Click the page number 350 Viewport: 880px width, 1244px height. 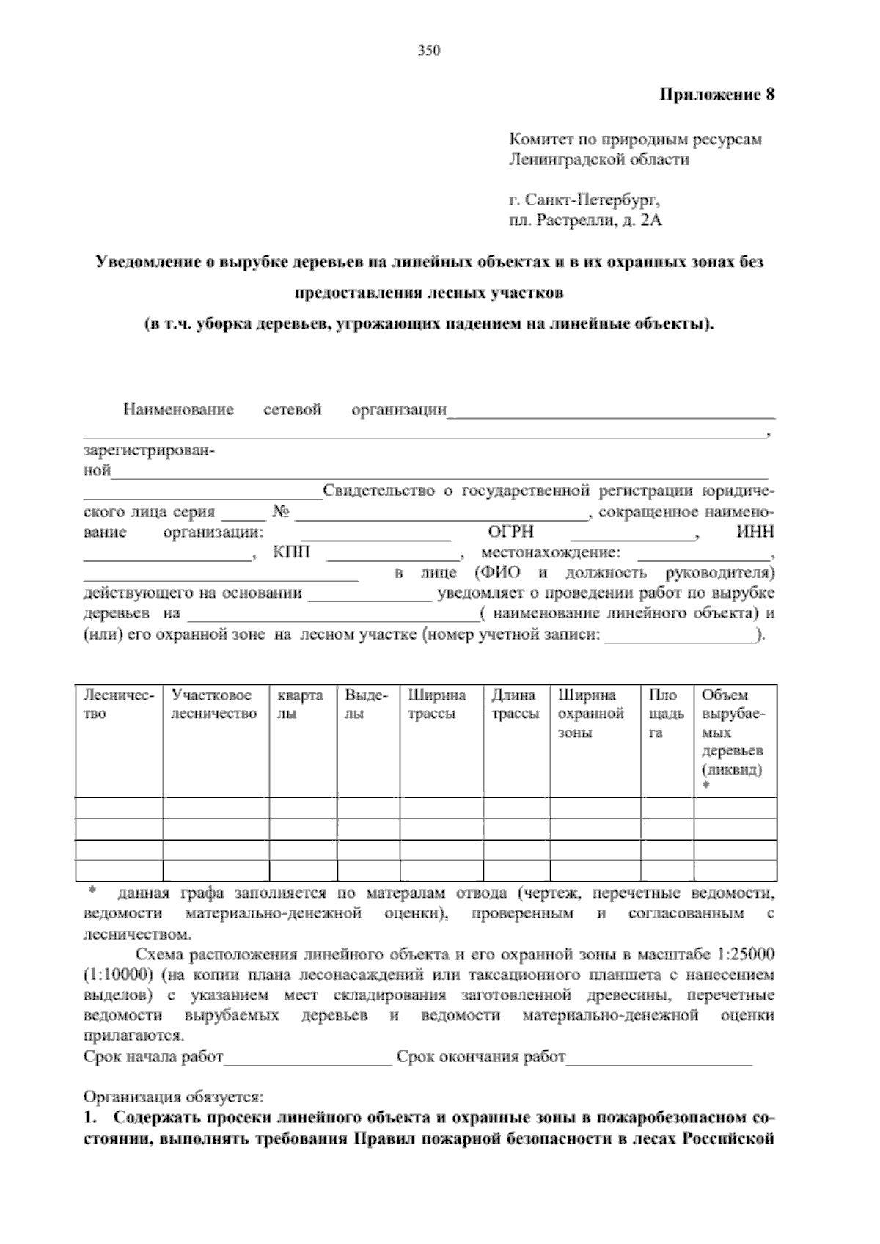click(x=428, y=51)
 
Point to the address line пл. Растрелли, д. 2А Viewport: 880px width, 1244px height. click(x=585, y=220)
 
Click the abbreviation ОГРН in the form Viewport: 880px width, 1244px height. click(x=510, y=533)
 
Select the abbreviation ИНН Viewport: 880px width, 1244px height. click(x=755, y=533)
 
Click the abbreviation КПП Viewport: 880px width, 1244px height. click(x=292, y=553)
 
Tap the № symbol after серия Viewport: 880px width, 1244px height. click(x=281, y=513)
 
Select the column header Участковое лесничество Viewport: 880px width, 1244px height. click(x=213, y=704)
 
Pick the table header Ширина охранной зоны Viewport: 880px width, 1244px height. click(x=591, y=713)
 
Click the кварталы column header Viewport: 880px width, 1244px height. click(x=300, y=704)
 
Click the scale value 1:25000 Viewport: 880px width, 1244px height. click(x=744, y=956)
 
